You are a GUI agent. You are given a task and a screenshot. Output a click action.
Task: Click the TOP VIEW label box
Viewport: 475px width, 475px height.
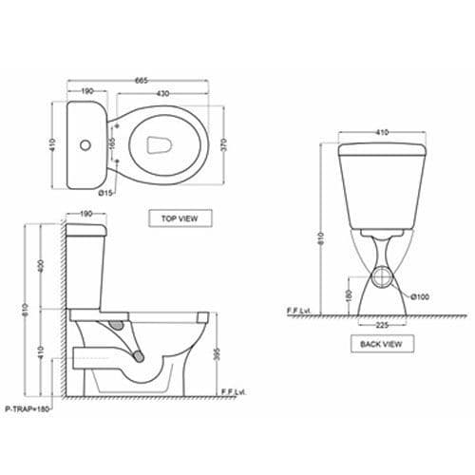click(x=179, y=218)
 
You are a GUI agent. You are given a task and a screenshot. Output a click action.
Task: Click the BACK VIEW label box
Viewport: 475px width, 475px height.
click(x=380, y=345)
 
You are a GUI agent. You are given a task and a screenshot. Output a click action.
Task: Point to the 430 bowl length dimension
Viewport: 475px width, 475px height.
click(x=163, y=95)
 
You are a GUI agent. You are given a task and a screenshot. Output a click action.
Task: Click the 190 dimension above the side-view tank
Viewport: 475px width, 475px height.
click(x=85, y=216)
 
